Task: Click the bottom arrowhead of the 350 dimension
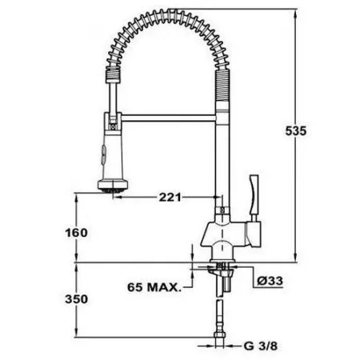click(x=77, y=335)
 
